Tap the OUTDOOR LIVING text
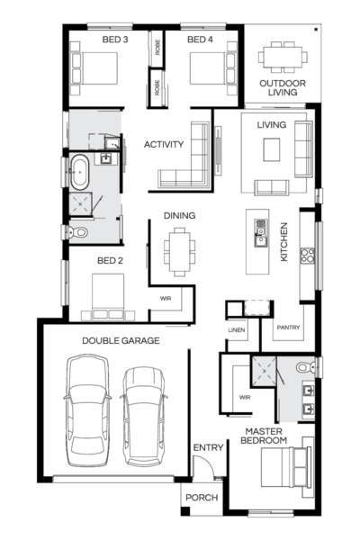(x=280, y=89)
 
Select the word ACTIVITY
(x=164, y=144)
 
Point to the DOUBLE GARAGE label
(x=121, y=341)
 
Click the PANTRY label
(x=289, y=328)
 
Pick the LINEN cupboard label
(x=237, y=330)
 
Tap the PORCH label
(x=202, y=498)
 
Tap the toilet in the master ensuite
(x=304, y=367)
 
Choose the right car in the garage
(x=144, y=414)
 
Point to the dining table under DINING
(x=178, y=250)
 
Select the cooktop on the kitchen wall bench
(x=308, y=254)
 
